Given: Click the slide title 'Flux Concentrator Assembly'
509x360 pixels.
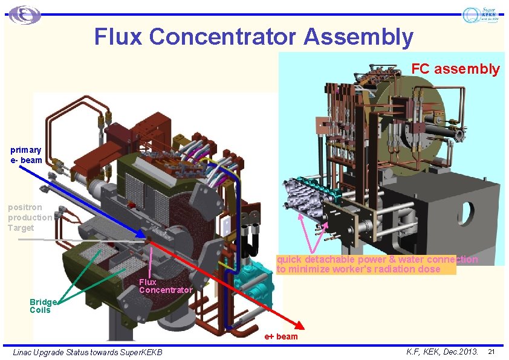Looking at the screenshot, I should (254, 37).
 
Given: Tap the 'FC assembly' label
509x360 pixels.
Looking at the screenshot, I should (455, 69).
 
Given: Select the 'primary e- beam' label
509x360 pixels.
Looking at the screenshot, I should (27, 155).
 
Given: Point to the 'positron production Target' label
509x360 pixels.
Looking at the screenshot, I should (30, 217).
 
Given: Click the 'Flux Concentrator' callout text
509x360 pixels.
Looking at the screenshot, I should (165, 286).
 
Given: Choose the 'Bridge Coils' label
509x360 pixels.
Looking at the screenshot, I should (42, 306).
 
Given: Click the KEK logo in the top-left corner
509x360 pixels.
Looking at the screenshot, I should (25, 14).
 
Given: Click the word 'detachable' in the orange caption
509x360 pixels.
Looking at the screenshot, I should (330, 260).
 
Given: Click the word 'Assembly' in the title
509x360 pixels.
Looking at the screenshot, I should (359, 37).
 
